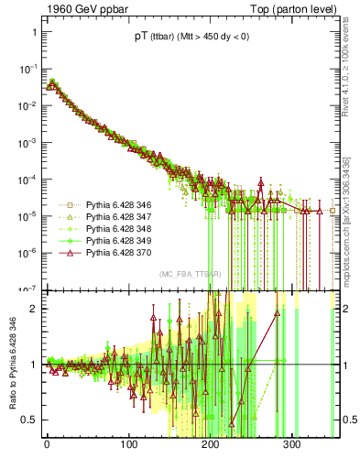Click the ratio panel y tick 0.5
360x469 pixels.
29,420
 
